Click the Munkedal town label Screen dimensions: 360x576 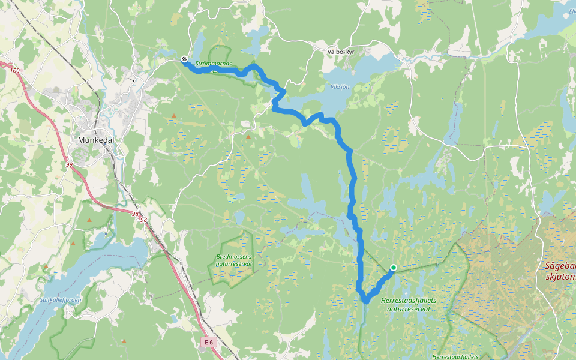tap(96, 140)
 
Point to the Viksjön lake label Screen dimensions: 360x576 tap(340, 86)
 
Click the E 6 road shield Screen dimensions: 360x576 tap(208, 342)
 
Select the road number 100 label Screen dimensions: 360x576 tap(15, 71)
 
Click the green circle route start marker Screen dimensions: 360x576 tap(393, 268)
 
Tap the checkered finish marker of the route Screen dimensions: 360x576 tap(184, 59)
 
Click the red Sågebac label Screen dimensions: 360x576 tap(560, 266)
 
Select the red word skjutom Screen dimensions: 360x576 tap(560, 277)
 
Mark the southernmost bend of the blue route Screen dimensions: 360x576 tap(365, 299)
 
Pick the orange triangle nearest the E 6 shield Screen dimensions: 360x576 tap(124, 341)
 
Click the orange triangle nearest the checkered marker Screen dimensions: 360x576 tap(175, 116)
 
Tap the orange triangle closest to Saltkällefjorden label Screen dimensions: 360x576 tap(46, 266)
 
